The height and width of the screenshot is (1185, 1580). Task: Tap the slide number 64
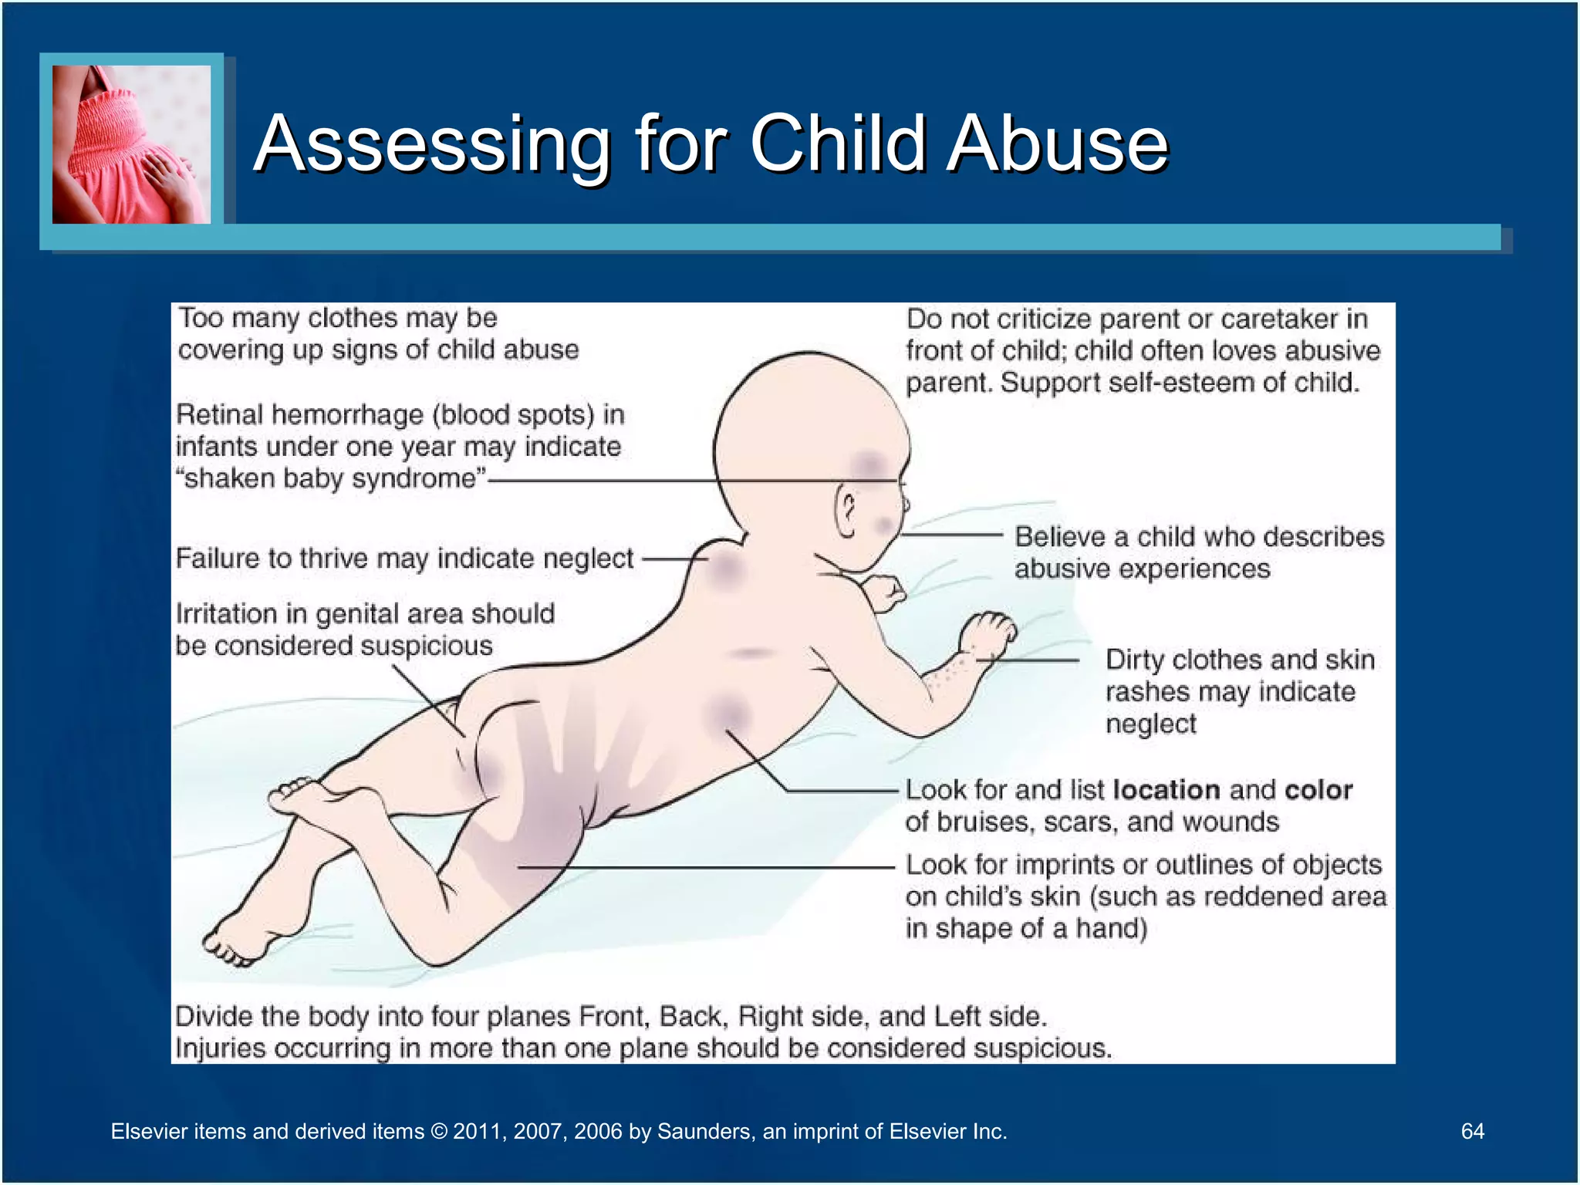1472,1131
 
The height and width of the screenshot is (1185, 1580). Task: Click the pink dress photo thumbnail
131,144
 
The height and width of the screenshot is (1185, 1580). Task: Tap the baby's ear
847,512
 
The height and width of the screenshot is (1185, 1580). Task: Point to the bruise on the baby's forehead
869,464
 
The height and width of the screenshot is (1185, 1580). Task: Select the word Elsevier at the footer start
150,1131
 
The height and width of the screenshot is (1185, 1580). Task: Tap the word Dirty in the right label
1135,660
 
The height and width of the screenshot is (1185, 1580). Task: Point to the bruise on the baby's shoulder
725,571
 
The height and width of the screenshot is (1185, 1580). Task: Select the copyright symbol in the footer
439,1131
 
